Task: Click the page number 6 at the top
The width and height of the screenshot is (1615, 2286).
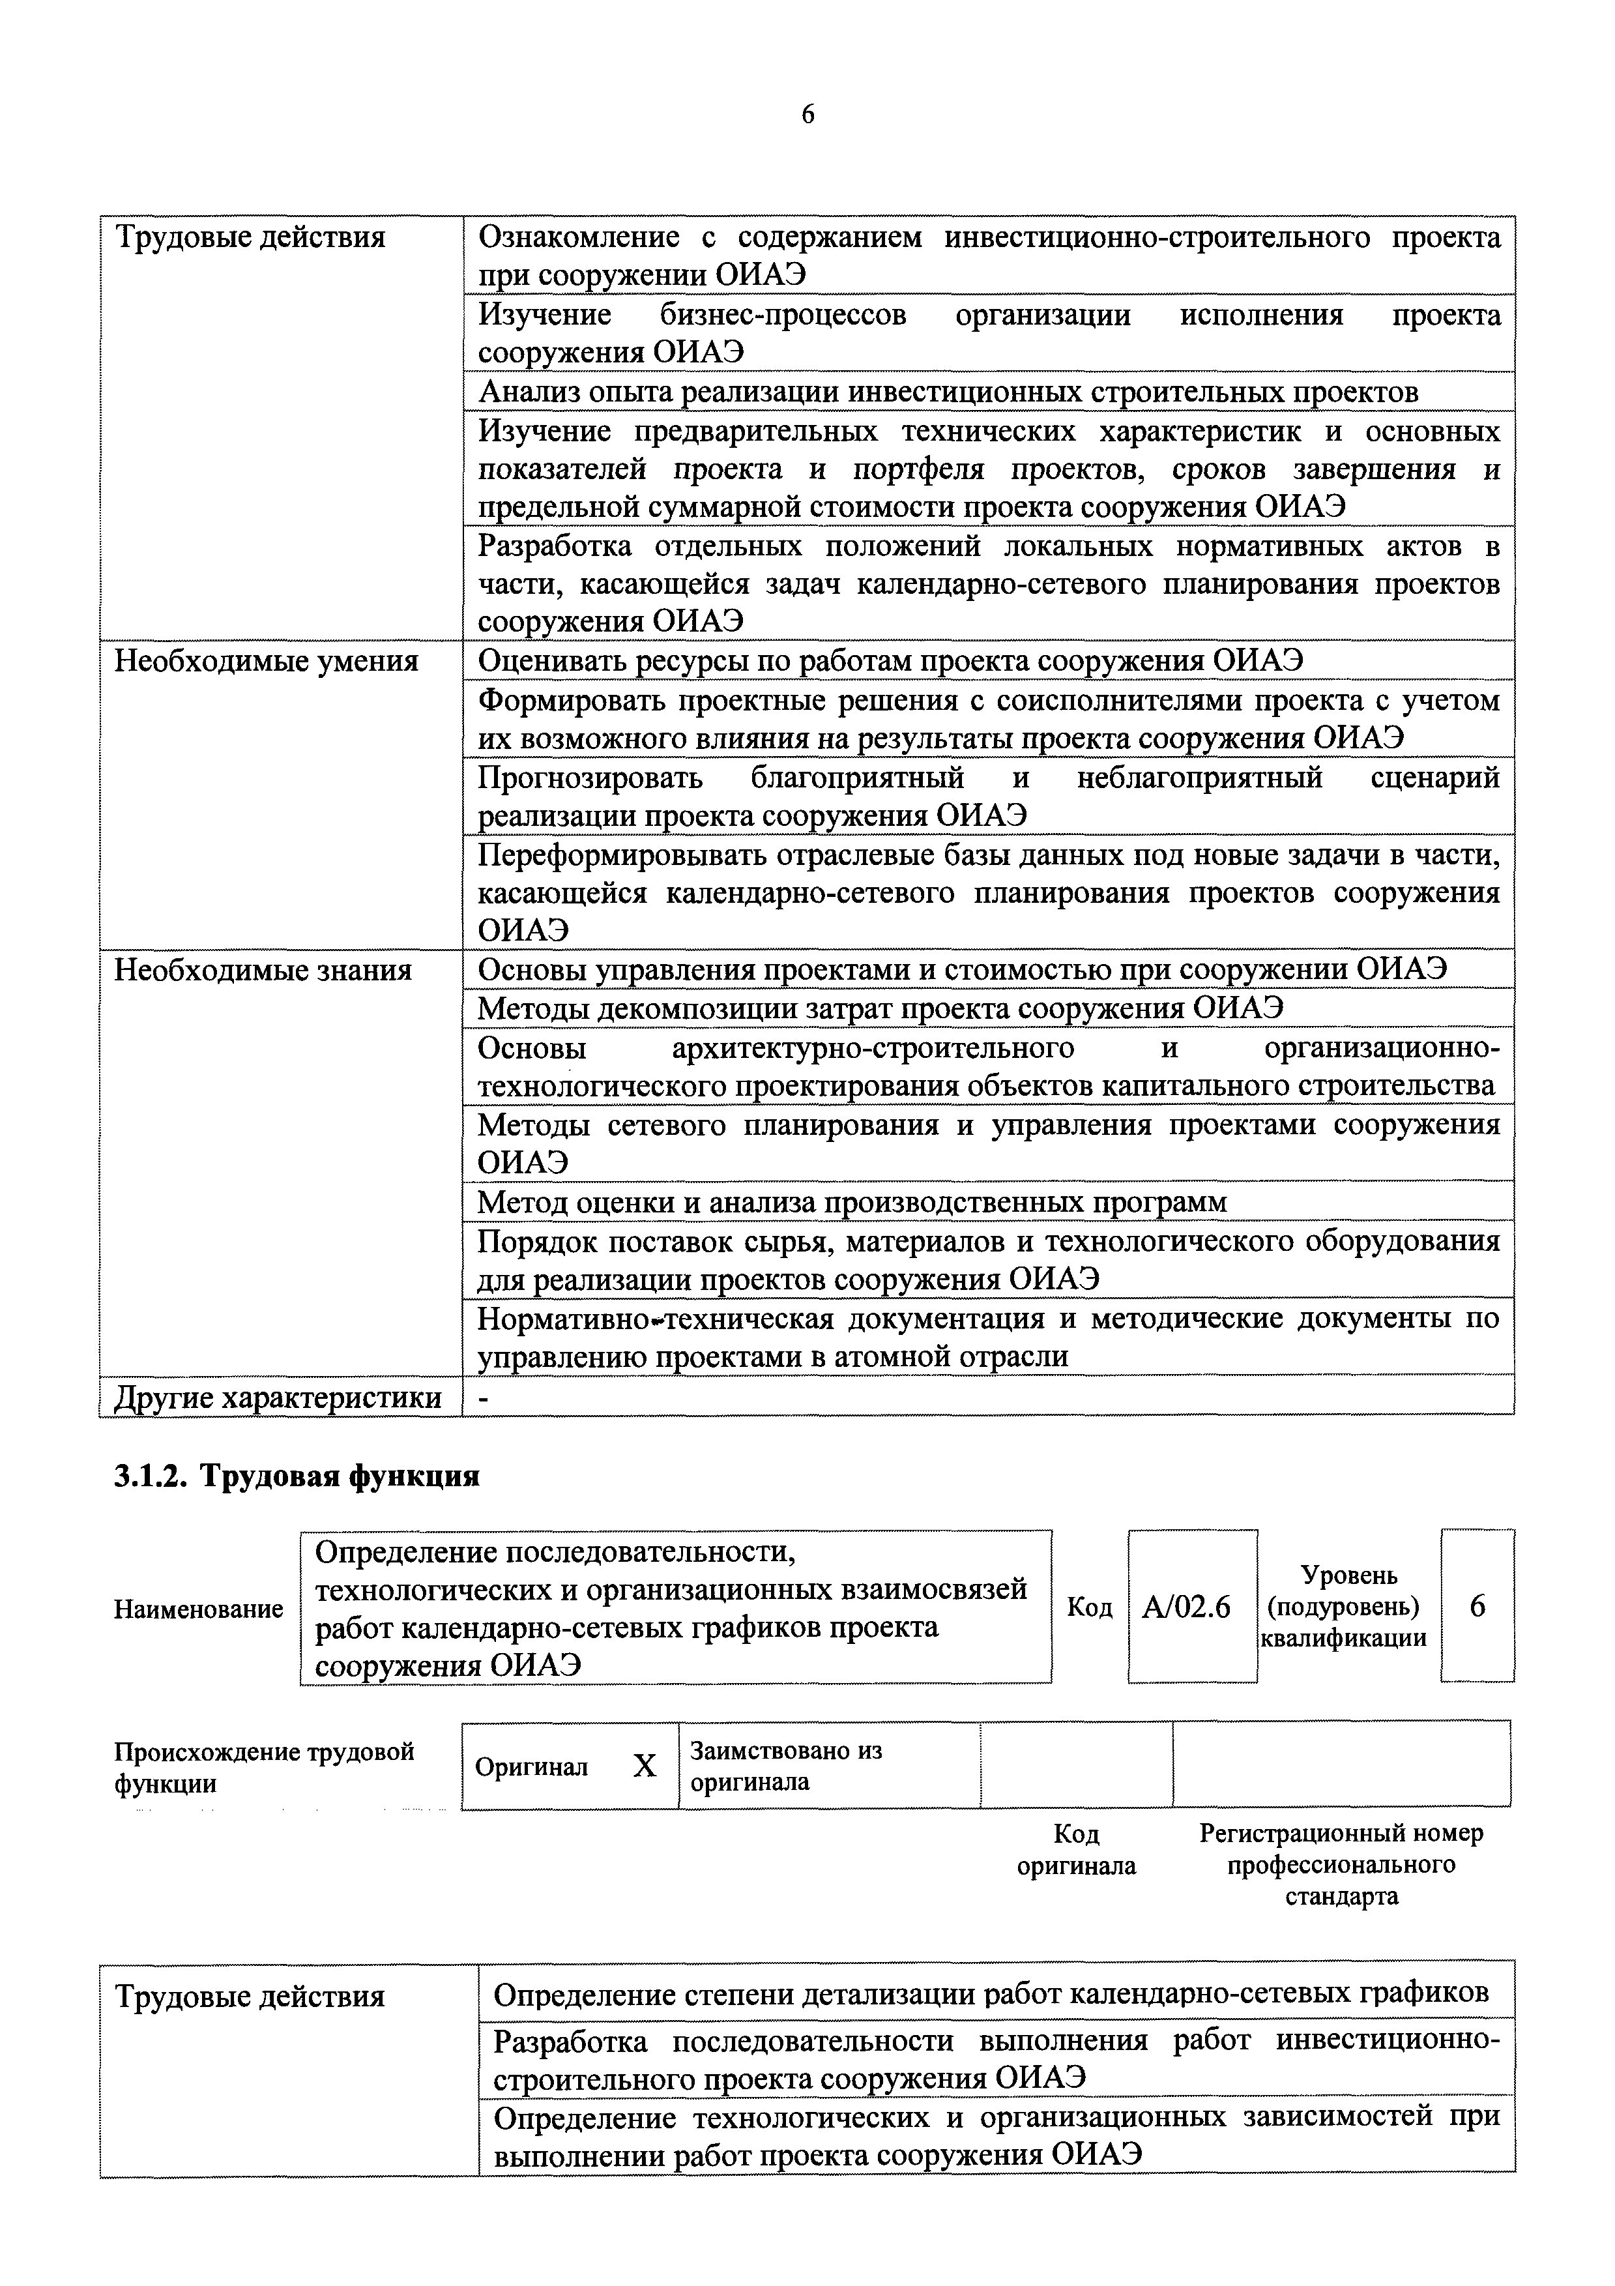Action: (x=807, y=115)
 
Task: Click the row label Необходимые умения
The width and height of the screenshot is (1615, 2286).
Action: (x=266, y=661)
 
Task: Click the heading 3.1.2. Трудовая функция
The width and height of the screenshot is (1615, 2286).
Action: (x=297, y=1476)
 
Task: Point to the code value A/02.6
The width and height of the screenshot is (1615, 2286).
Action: (x=1187, y=1607)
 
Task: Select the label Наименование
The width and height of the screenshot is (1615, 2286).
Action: (x=198, y=1609)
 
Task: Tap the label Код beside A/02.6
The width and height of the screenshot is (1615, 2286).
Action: (x=1089, y=1607)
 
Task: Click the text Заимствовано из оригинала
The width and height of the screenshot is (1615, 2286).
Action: (x=785, y=1765)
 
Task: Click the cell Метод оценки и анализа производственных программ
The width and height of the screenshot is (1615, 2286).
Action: (x=852, y=1203)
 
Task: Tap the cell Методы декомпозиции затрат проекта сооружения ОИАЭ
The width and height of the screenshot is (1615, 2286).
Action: (x=880, y=1008)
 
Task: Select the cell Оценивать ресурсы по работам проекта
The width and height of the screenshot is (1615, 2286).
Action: (x=890, y=661)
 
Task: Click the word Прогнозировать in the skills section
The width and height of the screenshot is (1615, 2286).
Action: (x=589, y=778)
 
